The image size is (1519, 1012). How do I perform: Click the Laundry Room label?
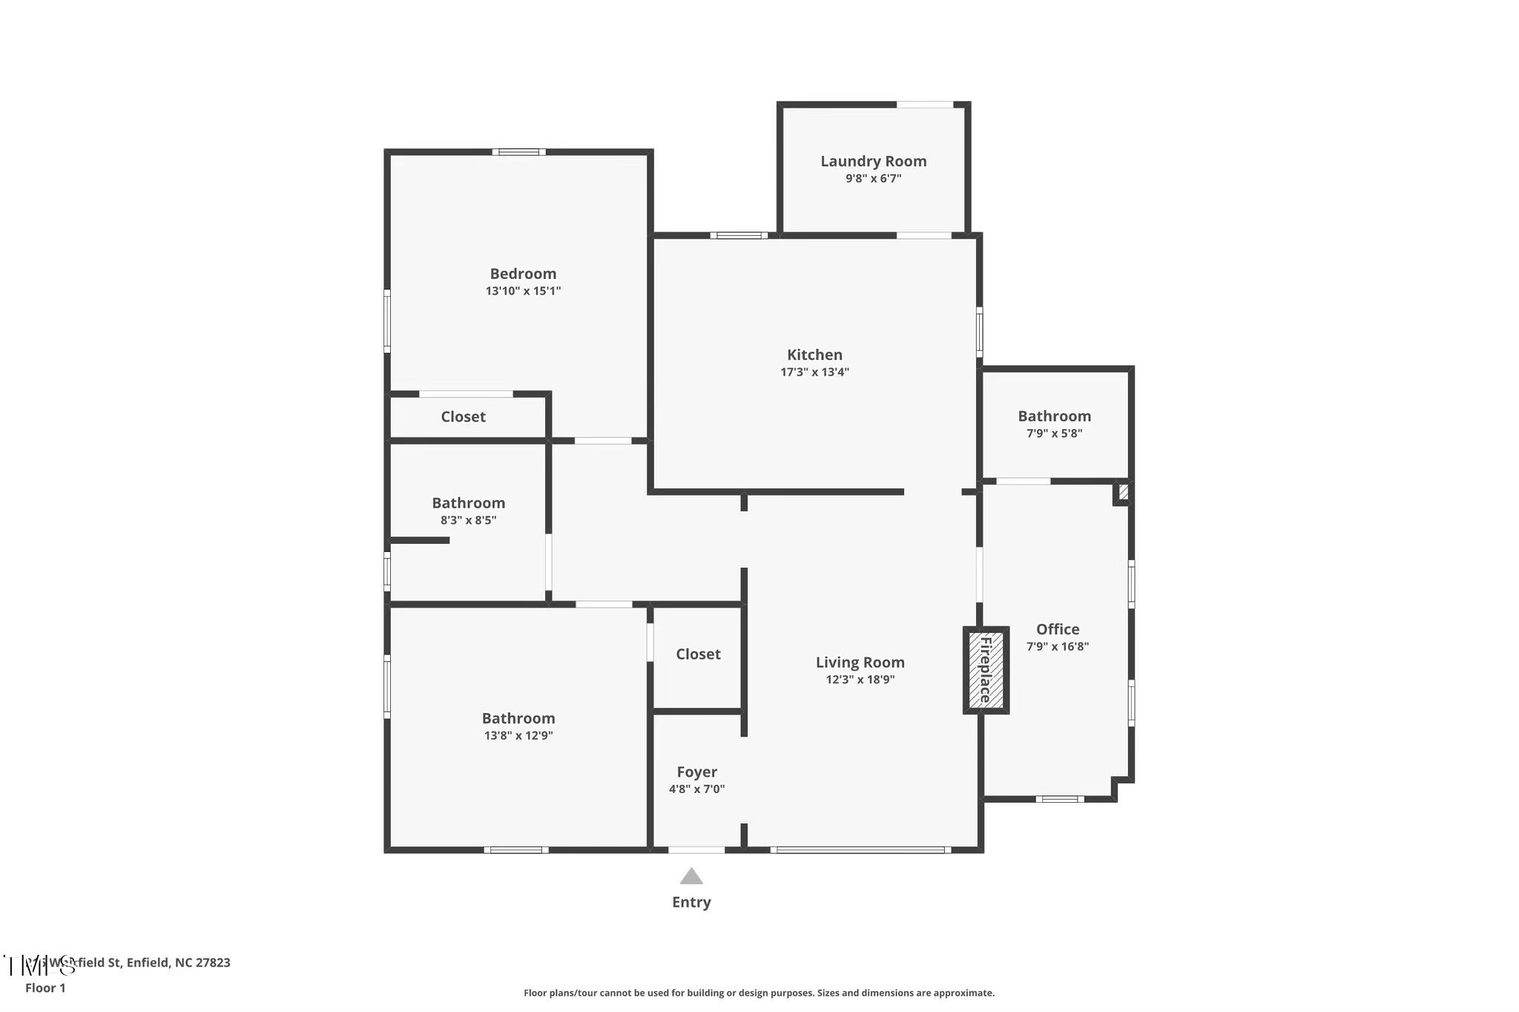coord(873,161)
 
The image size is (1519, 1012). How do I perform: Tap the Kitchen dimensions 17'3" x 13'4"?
coord(814,372)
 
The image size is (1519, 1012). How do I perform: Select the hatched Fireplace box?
coord(986,670)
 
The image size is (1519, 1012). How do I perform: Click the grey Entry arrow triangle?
coord(691,877)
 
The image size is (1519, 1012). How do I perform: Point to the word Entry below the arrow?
coord(691,902)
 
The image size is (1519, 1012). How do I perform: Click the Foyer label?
coord(696,772)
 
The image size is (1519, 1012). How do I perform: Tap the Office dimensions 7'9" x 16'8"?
coord(1057,646)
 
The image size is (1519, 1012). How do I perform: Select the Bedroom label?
coord(523,274)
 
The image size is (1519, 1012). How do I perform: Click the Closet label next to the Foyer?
coord(698,654)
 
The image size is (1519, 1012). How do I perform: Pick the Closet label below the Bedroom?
coord(463,417)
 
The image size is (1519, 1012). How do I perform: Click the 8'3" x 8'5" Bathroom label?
coord(468,503)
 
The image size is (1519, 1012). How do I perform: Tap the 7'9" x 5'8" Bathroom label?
coord(1054,416)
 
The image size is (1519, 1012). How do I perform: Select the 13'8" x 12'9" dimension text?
coord(518,736)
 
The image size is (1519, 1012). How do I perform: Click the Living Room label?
coord(860,663)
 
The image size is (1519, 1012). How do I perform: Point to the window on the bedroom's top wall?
coord(518,152)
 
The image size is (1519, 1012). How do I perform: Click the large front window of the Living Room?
coord(860,850)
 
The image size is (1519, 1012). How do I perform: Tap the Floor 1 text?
coord(45,988)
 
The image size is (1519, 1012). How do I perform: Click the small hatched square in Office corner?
coord(1123,492)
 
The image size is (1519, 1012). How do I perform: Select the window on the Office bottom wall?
coord(1059,799)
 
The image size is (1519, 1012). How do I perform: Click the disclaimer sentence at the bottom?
coord(759,993)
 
